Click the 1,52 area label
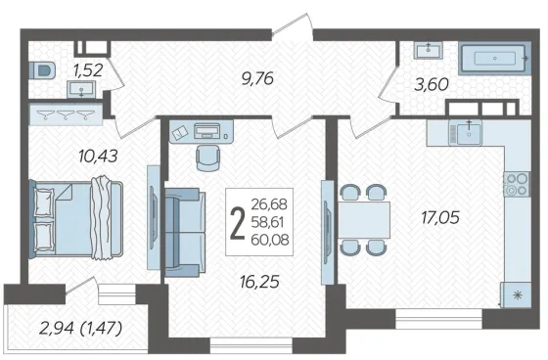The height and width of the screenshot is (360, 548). coord(88,70)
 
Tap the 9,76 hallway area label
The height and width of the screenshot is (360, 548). coord(257,78)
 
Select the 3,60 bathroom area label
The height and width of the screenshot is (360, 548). coord(432,84)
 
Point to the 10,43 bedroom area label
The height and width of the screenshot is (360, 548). coord(98,156)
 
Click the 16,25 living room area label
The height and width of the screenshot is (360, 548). coord(259,282)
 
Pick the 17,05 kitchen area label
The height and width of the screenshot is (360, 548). coord(440,217)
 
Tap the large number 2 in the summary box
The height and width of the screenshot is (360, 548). coord(238,222)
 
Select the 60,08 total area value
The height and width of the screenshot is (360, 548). coord(270,240)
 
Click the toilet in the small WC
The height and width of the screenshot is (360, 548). coord(41,71)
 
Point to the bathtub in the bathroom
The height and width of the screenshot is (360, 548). coord(495,59)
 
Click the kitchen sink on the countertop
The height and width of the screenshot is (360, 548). coord(466,132)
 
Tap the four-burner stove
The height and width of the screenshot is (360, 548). coord(517,184)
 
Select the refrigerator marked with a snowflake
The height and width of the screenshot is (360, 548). coord(516,295)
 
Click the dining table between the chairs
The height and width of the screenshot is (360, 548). coord(364,220)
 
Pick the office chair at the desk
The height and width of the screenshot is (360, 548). coord(208,157)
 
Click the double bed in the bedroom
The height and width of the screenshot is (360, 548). coord(76,220)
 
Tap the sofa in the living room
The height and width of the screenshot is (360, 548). coord(185,233)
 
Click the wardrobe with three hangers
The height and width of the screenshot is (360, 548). coord(66,113)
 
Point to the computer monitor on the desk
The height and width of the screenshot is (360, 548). coord(207,131)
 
